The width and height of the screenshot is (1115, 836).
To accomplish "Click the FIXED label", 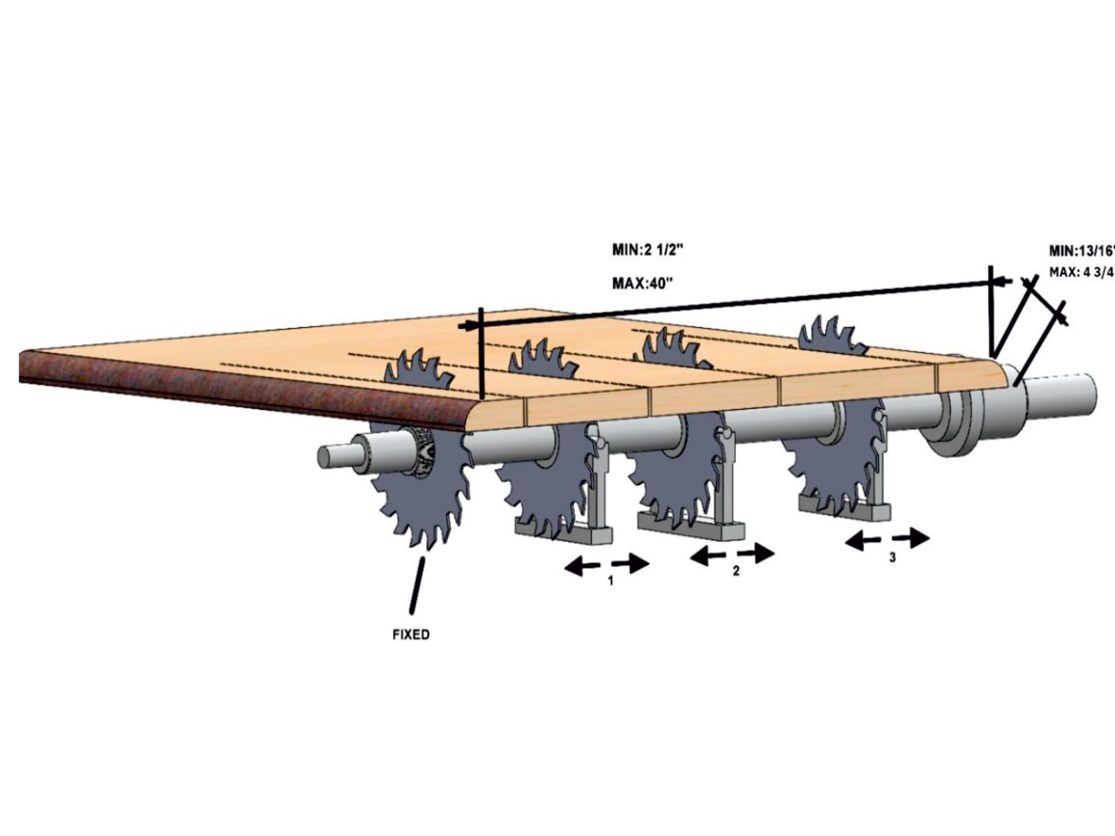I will (x=411, y=635).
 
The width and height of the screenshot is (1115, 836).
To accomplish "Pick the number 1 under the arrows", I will (x=610, y=580).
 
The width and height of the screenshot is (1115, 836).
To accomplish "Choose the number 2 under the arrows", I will (x=735, y=571).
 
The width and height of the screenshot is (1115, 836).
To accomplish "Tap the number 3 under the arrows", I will (x=892, y=557).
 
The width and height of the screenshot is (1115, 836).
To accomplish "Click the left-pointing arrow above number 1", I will (x=583, y=567).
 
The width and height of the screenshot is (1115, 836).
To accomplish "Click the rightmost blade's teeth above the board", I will (x=831, y=333).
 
